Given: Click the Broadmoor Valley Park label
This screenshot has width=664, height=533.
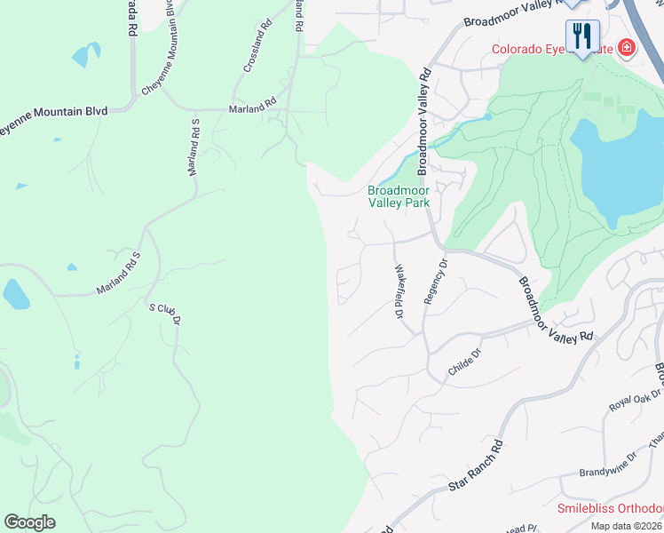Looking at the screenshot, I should click(x=399, y=196).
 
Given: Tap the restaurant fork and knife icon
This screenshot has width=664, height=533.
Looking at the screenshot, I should click(x=582, y=36).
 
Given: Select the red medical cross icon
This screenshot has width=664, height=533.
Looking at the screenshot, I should click(x=627, y=47).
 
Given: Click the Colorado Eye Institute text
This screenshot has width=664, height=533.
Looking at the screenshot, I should click(x=550, y=49).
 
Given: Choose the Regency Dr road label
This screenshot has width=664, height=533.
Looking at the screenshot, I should click(x=434, y=281).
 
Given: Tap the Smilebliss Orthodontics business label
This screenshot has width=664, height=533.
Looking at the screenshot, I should click(x=610, y=509).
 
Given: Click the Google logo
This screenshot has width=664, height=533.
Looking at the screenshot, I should click(x=30, y=521).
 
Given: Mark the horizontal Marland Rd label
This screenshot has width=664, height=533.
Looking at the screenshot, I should click(x=252, y=108).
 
